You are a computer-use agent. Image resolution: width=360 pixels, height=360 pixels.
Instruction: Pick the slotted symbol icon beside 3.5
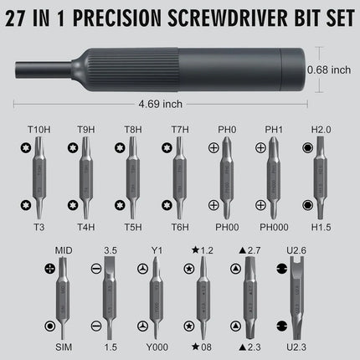click(96, 268)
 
